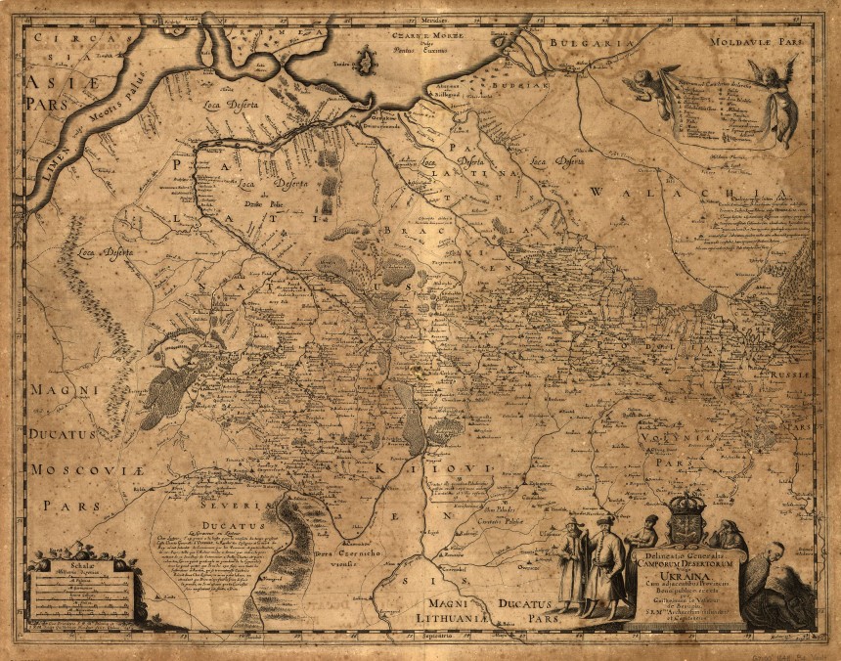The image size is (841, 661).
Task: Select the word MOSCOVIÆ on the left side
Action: point(73,470)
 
